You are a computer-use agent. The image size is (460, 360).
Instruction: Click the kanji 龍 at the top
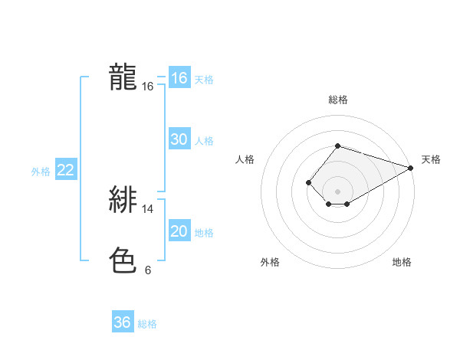[123, 77]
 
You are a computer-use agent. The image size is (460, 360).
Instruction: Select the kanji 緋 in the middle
[123, 200]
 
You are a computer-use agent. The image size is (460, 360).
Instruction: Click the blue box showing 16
[179, 78]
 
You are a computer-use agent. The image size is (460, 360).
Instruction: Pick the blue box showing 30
[179, 139]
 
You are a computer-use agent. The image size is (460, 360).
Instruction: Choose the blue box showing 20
[179, 231]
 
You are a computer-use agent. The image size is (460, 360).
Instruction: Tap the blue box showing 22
[66, 170]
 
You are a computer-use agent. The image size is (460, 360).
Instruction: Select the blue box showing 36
[123, 322]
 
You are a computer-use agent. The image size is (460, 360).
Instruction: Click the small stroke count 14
[148, 208]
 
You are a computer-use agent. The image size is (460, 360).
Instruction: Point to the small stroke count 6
[148, 270]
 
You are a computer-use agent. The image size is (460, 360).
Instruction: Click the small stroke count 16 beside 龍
[148, 87]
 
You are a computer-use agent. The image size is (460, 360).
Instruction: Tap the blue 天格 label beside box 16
[204, 80]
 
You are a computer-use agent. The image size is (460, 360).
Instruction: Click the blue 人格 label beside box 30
[204, 141]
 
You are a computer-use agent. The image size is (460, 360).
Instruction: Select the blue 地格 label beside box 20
[204, 233]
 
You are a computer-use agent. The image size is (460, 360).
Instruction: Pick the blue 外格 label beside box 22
[41, 172]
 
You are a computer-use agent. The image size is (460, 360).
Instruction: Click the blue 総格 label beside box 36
[147, 324]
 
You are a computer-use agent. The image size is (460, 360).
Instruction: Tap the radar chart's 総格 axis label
[337, 100]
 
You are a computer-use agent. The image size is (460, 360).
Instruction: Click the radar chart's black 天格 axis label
[431, 159]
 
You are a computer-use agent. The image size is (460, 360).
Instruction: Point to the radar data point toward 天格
[411, 167]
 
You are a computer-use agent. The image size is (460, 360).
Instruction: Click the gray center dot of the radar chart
[337, 191]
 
